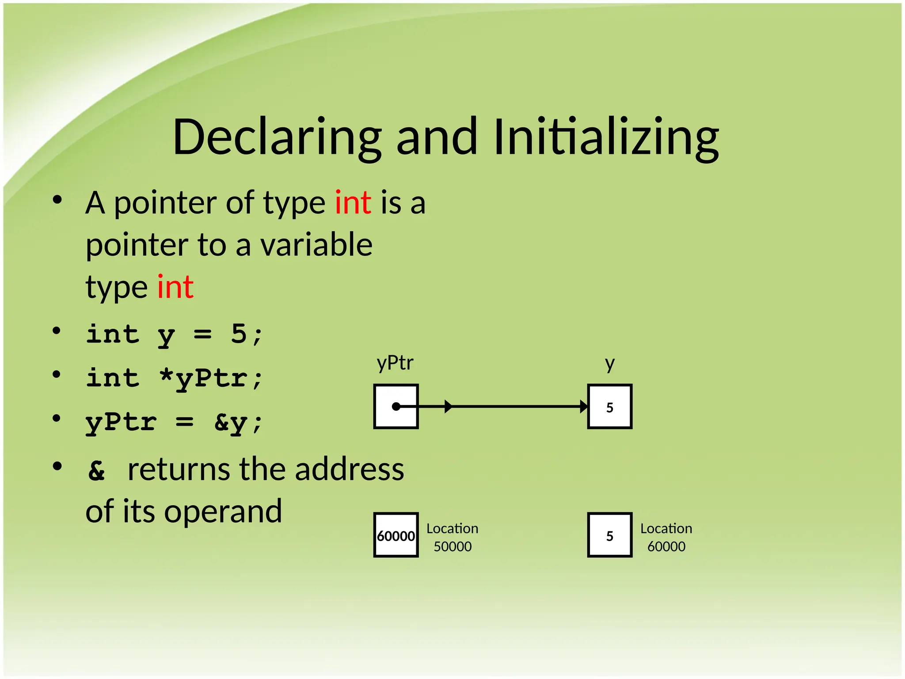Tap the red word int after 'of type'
coord(353,203)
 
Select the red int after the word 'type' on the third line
coord(175,287)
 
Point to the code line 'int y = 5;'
coord(174,335)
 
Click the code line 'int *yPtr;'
coord(174,378)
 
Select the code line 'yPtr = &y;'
coord(174,423)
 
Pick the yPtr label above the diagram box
coord(395,363)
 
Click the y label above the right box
coord(610,364)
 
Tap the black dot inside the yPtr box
coord(396,406)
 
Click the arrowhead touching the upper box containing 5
coord(584,406)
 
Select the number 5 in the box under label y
coord(610,407)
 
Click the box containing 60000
coord(396,535)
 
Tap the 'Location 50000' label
coord(452,537)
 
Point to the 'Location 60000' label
coord(666,537)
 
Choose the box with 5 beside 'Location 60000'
coord(610,535)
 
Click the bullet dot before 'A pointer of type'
coord(57,200)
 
